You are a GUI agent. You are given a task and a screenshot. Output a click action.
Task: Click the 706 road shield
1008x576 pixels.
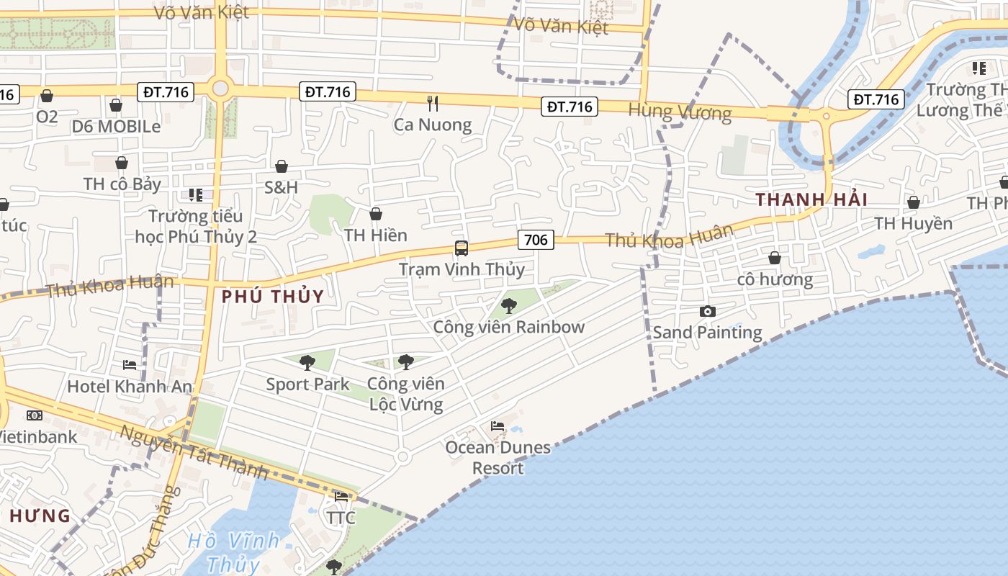tap(536, 240)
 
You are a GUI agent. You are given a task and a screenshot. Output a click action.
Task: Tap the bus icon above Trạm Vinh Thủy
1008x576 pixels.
tap(462, 248)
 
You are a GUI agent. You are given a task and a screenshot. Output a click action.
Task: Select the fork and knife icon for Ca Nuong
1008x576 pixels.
tap(433, 103)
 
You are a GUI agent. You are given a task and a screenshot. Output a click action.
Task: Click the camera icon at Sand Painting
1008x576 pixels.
tap(708, 311)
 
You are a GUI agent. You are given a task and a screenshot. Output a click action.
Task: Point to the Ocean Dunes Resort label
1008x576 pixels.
tap(498, 458)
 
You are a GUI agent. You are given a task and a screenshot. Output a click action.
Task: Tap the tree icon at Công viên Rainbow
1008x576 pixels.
tap(509, 306)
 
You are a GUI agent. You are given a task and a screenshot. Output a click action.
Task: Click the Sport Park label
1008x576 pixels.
tap(307, 384)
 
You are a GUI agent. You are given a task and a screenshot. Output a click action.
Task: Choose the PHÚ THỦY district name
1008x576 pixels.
tap(273, 296)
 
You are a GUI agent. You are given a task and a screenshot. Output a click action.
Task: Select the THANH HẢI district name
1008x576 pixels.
tap(811, 199)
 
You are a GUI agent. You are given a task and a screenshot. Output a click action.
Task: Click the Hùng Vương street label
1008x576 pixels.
tap(680, 112)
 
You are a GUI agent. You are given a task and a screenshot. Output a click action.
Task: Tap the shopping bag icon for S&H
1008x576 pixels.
tap(282, 166)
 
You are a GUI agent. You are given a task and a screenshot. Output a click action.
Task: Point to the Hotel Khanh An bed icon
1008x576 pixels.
tap(130, 365)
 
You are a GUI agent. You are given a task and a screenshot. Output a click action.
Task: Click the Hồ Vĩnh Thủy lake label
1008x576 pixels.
tap(234, 552)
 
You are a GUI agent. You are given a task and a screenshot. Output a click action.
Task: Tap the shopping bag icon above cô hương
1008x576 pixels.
tap(775, 257)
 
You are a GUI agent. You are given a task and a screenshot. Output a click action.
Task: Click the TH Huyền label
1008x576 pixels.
tap(913, 223)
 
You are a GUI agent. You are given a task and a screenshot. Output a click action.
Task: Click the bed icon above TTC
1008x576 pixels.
tap(341, 496)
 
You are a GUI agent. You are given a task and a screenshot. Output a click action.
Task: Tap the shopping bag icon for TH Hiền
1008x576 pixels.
tap(375, 214)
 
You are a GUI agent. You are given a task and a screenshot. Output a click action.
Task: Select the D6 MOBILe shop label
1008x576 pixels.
tap(116, 126)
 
